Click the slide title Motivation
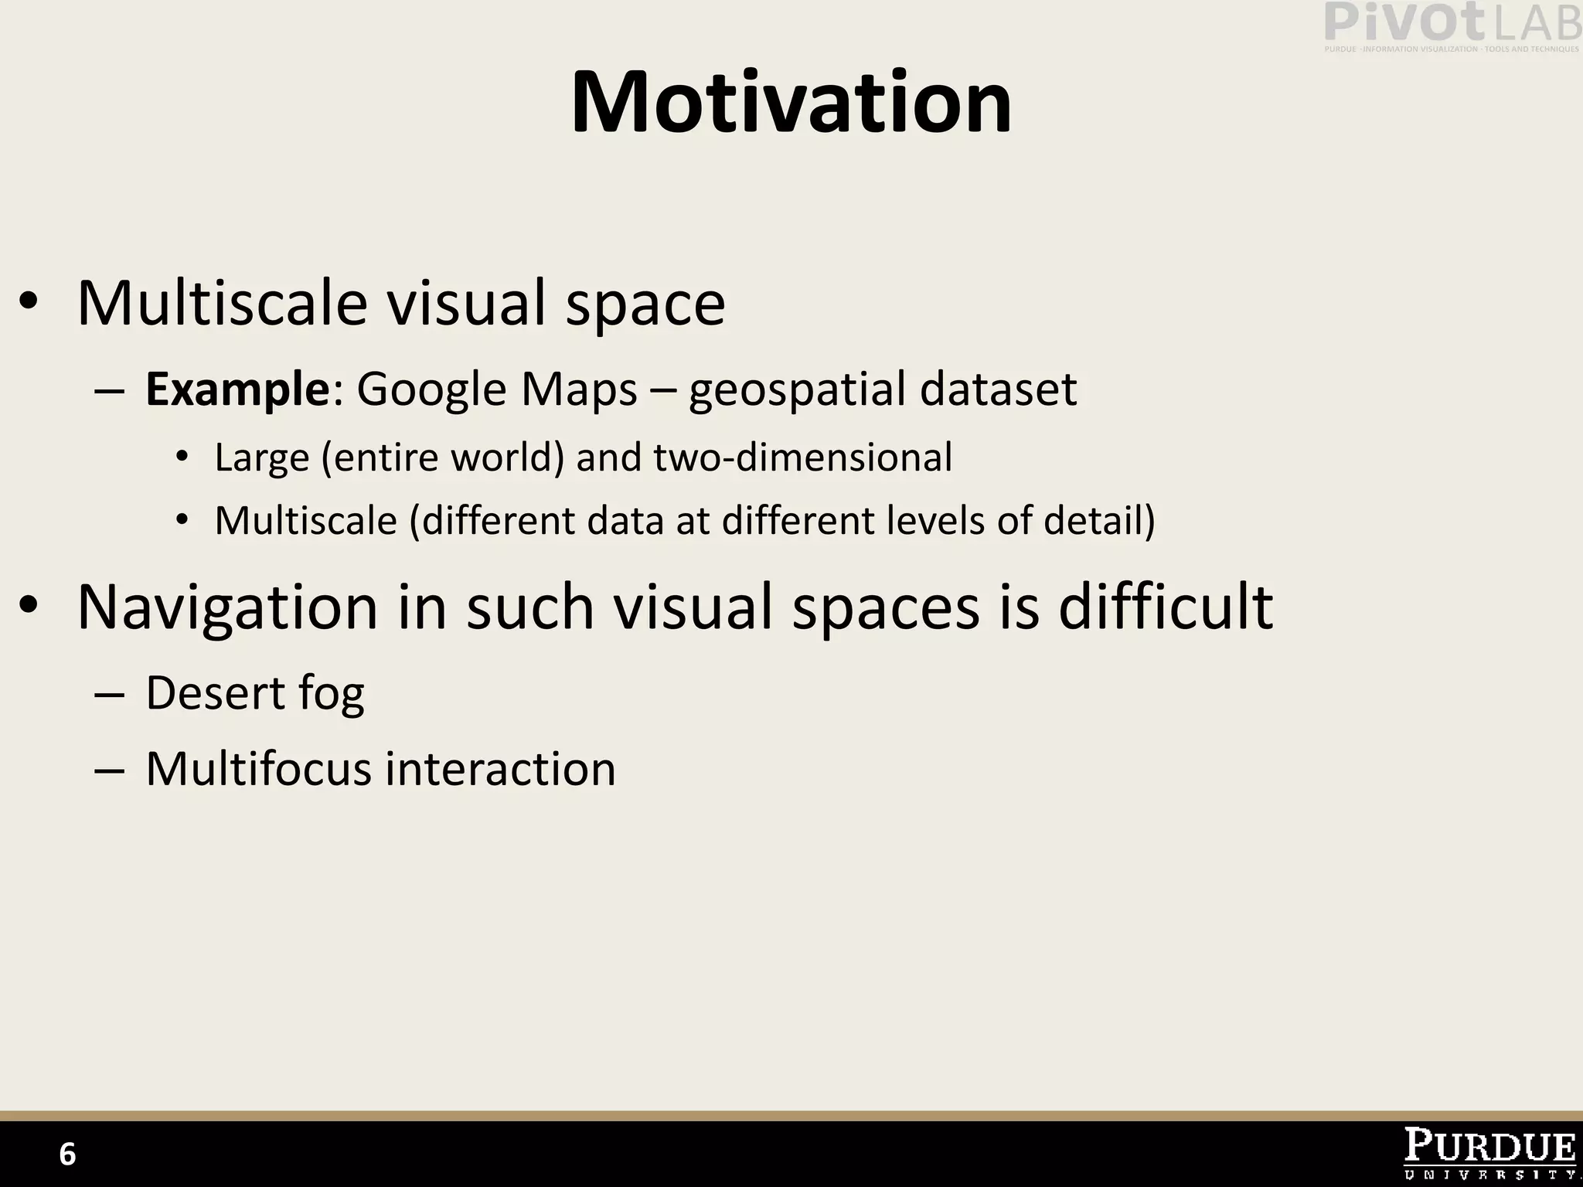coord(791,103)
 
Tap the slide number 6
coord(67,1155)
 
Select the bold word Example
coord(238,389)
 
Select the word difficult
coord(1165,606)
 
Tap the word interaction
coord(500,769)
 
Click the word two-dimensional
coord(803,457)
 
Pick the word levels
coord(935,520)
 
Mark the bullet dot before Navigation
coord(29,606)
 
